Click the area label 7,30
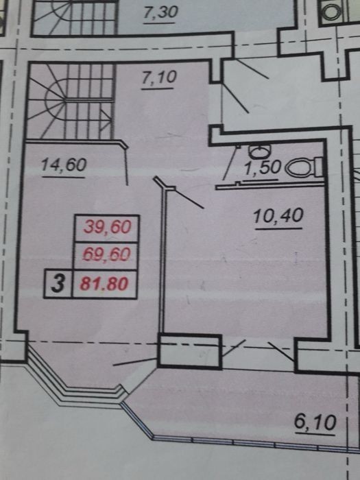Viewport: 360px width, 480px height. pyautogui.click(x=160, y=12)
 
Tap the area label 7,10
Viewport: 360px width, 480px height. pyautogui.click(x=159, y=77)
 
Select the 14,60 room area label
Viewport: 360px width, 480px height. pyautogui.click(x=64, y=165)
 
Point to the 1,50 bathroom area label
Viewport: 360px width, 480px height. pyautogui.click(x=263, y=168)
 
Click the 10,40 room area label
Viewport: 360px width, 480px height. pyautogui.click(x=278, y=216)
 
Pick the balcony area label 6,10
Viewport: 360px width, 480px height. pyautogui.click(x=315, y=422)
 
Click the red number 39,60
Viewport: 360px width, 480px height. pyautogui.click(x=107, y=227)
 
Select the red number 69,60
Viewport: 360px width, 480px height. pyautogui.click(x=107, y=254)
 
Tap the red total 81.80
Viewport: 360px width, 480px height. pyautogui.click(x=104, y=283)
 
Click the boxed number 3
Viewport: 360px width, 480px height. pyautogui.click(x=58, y=283)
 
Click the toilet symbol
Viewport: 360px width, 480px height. pyautogui.click(x=303, y=167)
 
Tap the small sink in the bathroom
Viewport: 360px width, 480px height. pyautogui.click(x=260, y=150)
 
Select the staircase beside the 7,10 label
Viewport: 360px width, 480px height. pyautogui.click(x=71, y=101)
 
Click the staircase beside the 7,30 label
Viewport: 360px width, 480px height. pyautogui.click(x=74, y=17)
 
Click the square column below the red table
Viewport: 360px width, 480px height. pyautogui.click(x=189, y=351)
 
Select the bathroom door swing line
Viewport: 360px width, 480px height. pyautogui.click(x=230, y=163)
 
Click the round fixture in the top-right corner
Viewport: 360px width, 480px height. pyautogui.click(x=331, y=12)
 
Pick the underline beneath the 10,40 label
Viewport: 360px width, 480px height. pyautogui.click(x=278, y=228)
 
